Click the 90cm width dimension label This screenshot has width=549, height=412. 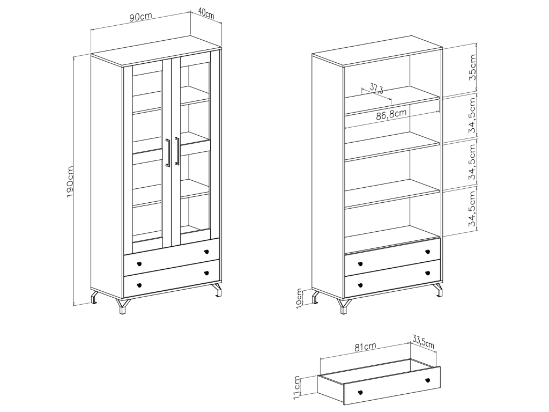[x=141, y=17]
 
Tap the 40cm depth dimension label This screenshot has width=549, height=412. [x=206, y=13]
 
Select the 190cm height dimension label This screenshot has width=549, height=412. [x=70, y=182]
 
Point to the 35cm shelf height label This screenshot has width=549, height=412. [x=473, y=67]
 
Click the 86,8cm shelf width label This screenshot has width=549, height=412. [x=391, y=115]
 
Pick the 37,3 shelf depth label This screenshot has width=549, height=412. [x=376, y=89]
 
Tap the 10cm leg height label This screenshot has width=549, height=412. [x=299, y=298]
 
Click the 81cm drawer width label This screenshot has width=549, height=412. [x=365, y=347]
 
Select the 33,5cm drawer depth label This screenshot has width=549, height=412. [x=424, y=342]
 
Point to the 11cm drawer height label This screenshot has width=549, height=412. [x=297, y=387]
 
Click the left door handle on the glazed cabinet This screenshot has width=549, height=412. [x=168, y=152]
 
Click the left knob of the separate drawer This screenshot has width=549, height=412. [x=361, y=392]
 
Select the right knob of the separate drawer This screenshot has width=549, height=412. [x=427, y=380]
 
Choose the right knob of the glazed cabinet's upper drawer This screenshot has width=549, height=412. [x=206, y=252]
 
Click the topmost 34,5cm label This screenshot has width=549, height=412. [x=473, y=115]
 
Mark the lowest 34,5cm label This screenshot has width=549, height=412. [x=473, y=209]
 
